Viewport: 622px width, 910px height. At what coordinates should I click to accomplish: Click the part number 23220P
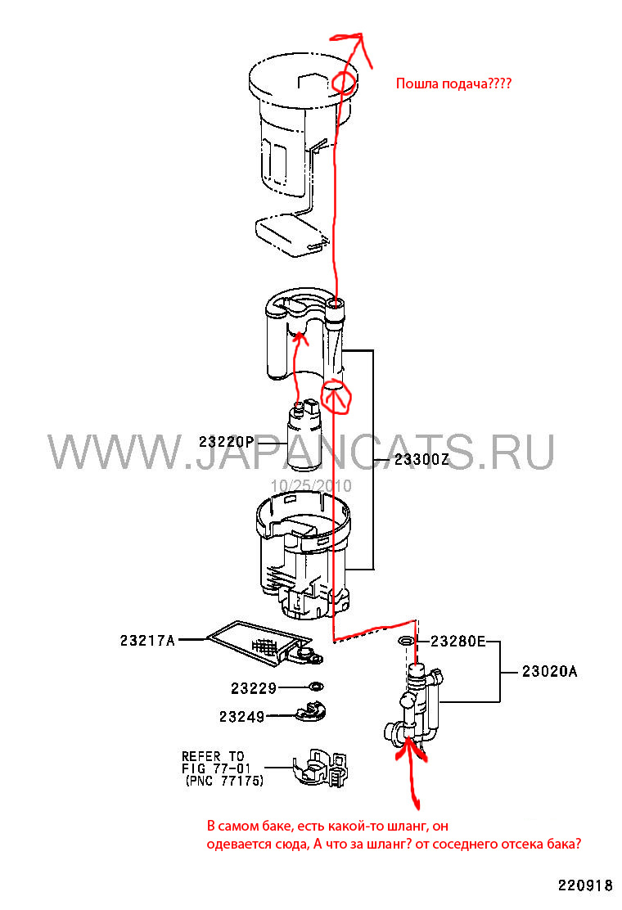point(226,442)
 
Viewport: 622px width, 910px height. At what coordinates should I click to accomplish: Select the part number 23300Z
point(421,460)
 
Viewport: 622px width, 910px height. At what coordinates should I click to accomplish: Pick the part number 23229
point(253,688)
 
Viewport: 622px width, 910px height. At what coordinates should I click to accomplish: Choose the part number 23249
point(241,717)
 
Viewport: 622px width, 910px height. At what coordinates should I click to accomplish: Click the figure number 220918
point(585,885)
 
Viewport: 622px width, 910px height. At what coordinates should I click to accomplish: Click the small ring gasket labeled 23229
point(315,686)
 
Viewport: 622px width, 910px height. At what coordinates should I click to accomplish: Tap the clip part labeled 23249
point(310,712)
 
